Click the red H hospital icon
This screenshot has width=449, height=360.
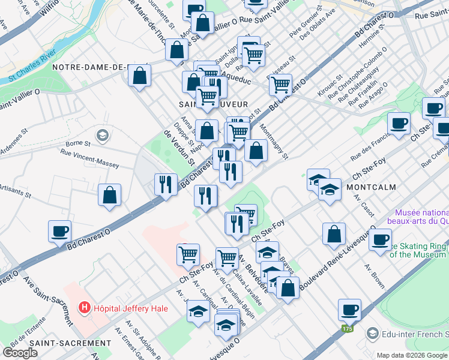point(85,308)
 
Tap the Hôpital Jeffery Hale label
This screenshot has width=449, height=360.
point(130,308)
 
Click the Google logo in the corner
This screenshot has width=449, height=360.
point(20,352)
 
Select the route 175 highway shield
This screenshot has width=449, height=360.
point(347,329)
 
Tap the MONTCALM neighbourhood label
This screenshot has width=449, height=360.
point(371,187)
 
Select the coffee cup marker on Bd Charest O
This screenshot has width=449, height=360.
point(59,232)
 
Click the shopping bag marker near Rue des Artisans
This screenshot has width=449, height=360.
point(109,195)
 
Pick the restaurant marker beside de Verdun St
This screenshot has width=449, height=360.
point(165,184)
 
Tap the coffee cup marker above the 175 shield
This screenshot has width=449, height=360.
point(349,310)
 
